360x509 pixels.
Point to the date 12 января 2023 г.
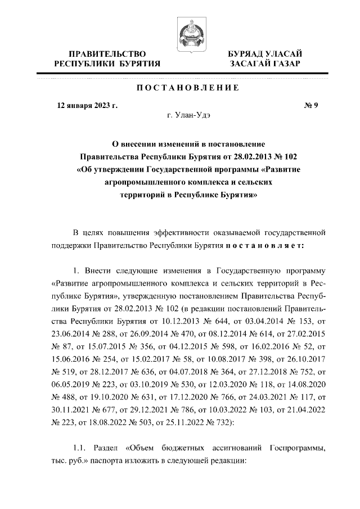click(84, 105)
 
